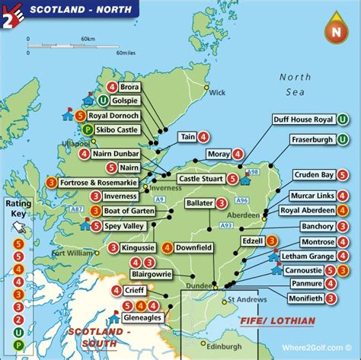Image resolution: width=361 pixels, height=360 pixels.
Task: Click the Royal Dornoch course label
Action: tap(114, 116)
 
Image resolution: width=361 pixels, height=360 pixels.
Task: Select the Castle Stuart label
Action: tap(200, 179)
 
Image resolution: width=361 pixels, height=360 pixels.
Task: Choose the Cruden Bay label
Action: tap(313, 175)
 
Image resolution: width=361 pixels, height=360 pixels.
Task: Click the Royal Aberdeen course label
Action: tap(308, 210)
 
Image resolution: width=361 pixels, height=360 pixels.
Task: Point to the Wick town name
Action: tap(218, 94)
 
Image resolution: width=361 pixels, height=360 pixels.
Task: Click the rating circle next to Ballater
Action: tap(221, 203)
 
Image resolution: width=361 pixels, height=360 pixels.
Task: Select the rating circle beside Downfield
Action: tap(166, 247)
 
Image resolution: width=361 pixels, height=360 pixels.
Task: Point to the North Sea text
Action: tap(296, 84)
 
